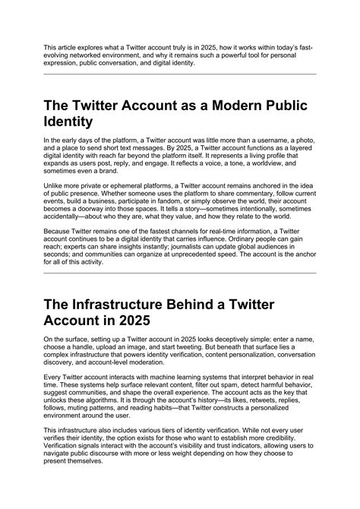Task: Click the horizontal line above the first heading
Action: pyautogui.click(x=179, y=74)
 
